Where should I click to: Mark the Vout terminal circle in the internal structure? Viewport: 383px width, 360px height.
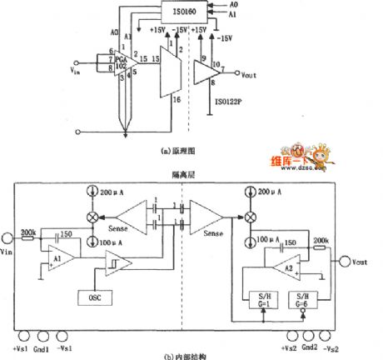[x=343, y=261]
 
